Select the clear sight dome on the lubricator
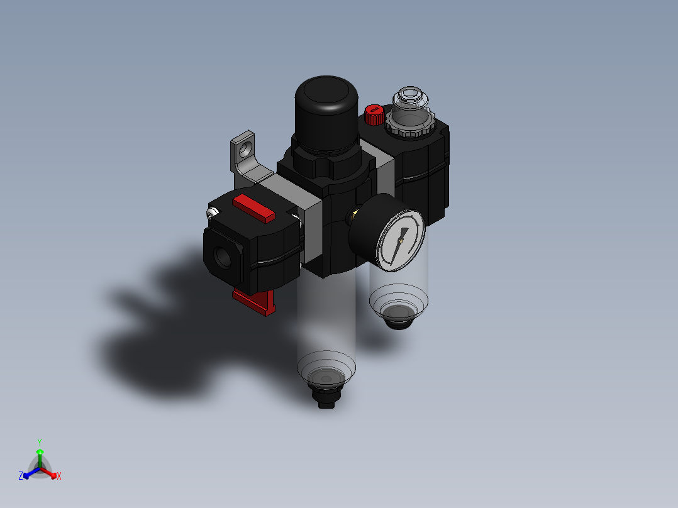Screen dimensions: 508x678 click(409, 101)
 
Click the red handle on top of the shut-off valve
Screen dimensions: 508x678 click(253, 208)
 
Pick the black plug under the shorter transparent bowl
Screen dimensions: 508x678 click(396, 317)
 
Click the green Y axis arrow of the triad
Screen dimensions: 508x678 click(40, 453)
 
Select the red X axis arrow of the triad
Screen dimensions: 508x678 click(52, 473)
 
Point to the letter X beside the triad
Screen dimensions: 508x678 click(59, 477)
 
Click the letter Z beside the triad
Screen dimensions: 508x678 click(21, 476)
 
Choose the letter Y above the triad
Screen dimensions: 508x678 click(40, 442)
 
